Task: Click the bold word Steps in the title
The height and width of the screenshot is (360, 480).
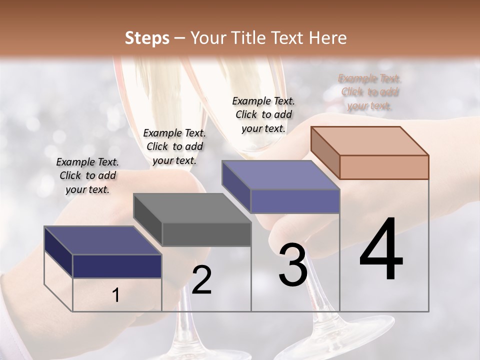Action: pos(147,38)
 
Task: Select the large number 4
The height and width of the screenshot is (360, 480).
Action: pos(381,250)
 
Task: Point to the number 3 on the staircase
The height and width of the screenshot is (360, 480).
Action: pos(293,265)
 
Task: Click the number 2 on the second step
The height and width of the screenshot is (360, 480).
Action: pos(201,280)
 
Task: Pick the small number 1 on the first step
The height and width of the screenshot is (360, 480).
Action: pos(116,295)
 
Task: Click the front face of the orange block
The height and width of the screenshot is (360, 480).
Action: pos(384,166)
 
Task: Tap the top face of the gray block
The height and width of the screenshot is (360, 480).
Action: pos(192,207)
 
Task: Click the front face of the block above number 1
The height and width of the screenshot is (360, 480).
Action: pos(117,266)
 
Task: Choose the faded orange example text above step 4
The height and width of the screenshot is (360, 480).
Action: pos(370,92)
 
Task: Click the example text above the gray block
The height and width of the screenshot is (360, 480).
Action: pos(174,146)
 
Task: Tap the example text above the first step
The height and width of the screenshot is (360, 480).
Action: pos(87,175)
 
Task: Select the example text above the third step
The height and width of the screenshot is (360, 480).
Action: pos(263,114)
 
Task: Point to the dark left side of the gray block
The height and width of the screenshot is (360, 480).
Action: pos(148,220)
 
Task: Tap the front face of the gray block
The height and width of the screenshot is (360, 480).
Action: pos(206,234)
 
